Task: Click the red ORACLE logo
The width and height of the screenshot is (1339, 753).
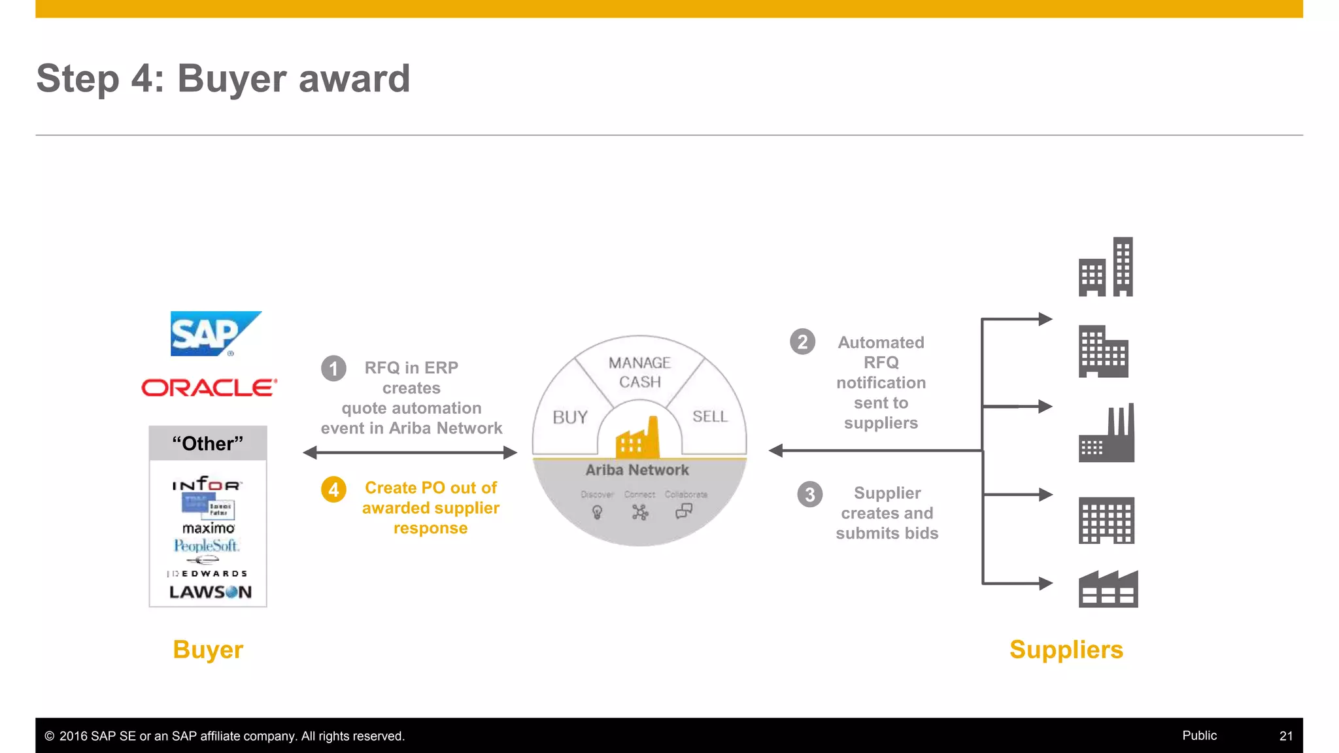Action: [x=209, y=388]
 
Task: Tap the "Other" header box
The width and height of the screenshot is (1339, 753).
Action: [x=208, y=443]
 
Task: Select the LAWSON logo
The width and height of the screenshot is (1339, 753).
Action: [x=210, y=592]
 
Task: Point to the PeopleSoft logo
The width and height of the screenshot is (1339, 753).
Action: [x=207, y=545]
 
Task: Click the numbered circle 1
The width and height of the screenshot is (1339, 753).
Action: [x=333, y=368]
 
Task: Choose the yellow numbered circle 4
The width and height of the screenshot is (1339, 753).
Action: [x=333, y=489]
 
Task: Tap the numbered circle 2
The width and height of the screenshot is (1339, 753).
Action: [x=802, y=342]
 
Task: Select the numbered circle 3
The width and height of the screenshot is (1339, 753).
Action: [x=809, y=494]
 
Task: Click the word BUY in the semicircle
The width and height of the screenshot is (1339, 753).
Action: [x=569, y=417]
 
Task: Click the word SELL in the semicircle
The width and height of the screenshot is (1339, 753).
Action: [x=709, y=416]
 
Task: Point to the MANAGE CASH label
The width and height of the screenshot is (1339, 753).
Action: [x=639, y=372]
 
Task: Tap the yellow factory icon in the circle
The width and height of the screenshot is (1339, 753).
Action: [x=637, y=439]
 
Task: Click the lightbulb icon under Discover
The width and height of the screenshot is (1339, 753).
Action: [x=597, y=512]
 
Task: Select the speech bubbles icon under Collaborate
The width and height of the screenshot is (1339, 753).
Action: [x=684, y=510]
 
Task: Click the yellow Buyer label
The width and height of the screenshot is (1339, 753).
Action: [x=208, y=650]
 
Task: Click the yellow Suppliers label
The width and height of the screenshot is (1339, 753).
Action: [x=1066, y=650]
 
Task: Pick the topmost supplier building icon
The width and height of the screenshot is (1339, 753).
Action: [x=1106, y=267]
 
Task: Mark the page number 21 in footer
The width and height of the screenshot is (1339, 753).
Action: [x=1285, y=736]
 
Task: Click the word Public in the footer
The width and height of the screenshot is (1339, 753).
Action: [x=1199, y=735]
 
